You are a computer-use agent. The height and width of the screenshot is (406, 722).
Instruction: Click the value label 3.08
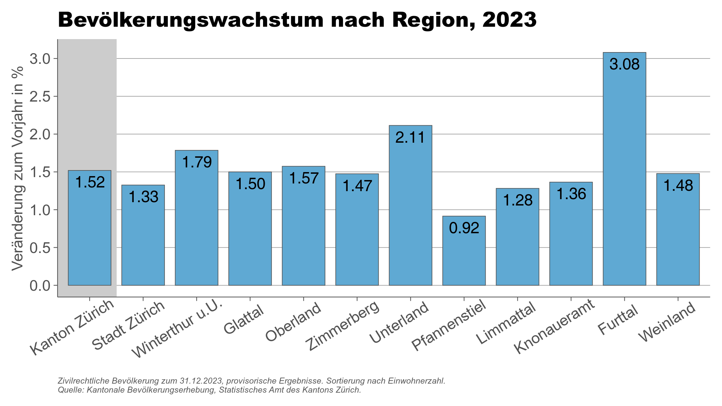(x=624, y=64)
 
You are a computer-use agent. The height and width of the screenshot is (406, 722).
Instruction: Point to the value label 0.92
(x=464, y=228)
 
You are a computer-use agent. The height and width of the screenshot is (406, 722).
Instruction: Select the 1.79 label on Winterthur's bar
(x=197, y=162)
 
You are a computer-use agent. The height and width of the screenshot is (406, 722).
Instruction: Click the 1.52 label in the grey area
(x=90, y=182)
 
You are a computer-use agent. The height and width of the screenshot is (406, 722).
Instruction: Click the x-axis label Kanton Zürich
(x=72, y=327)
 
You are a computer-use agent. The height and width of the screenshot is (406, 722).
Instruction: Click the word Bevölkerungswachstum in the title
(x=191, y=20)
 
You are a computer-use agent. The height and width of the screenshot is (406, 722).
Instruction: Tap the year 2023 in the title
(x=509, y=20)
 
